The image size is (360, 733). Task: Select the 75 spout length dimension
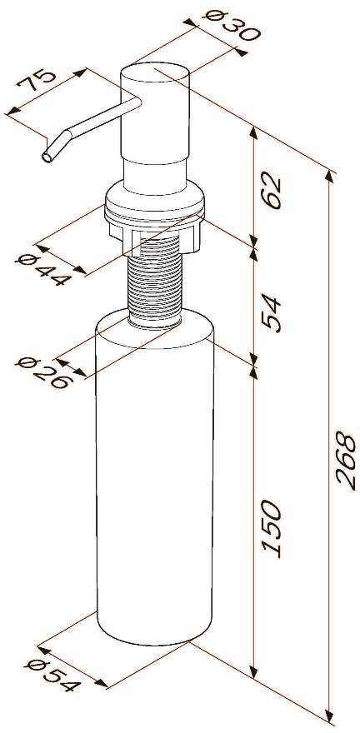(37, 81)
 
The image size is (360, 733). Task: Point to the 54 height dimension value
(272, 312)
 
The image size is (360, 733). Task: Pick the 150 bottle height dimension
(272, 528)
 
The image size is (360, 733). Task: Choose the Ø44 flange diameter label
(43, 271)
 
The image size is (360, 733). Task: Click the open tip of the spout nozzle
(47, 157)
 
